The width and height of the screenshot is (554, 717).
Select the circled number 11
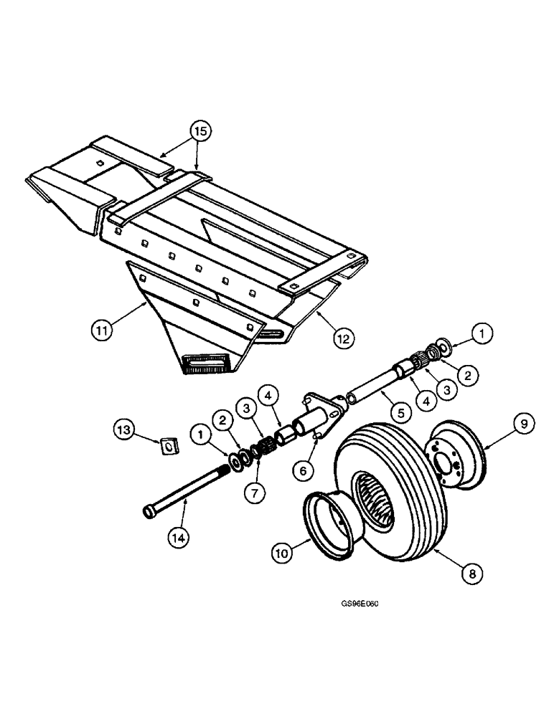pos(103,331)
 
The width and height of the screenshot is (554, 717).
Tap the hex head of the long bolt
pos(150,512)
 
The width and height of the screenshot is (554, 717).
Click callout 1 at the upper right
pos(482,333)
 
